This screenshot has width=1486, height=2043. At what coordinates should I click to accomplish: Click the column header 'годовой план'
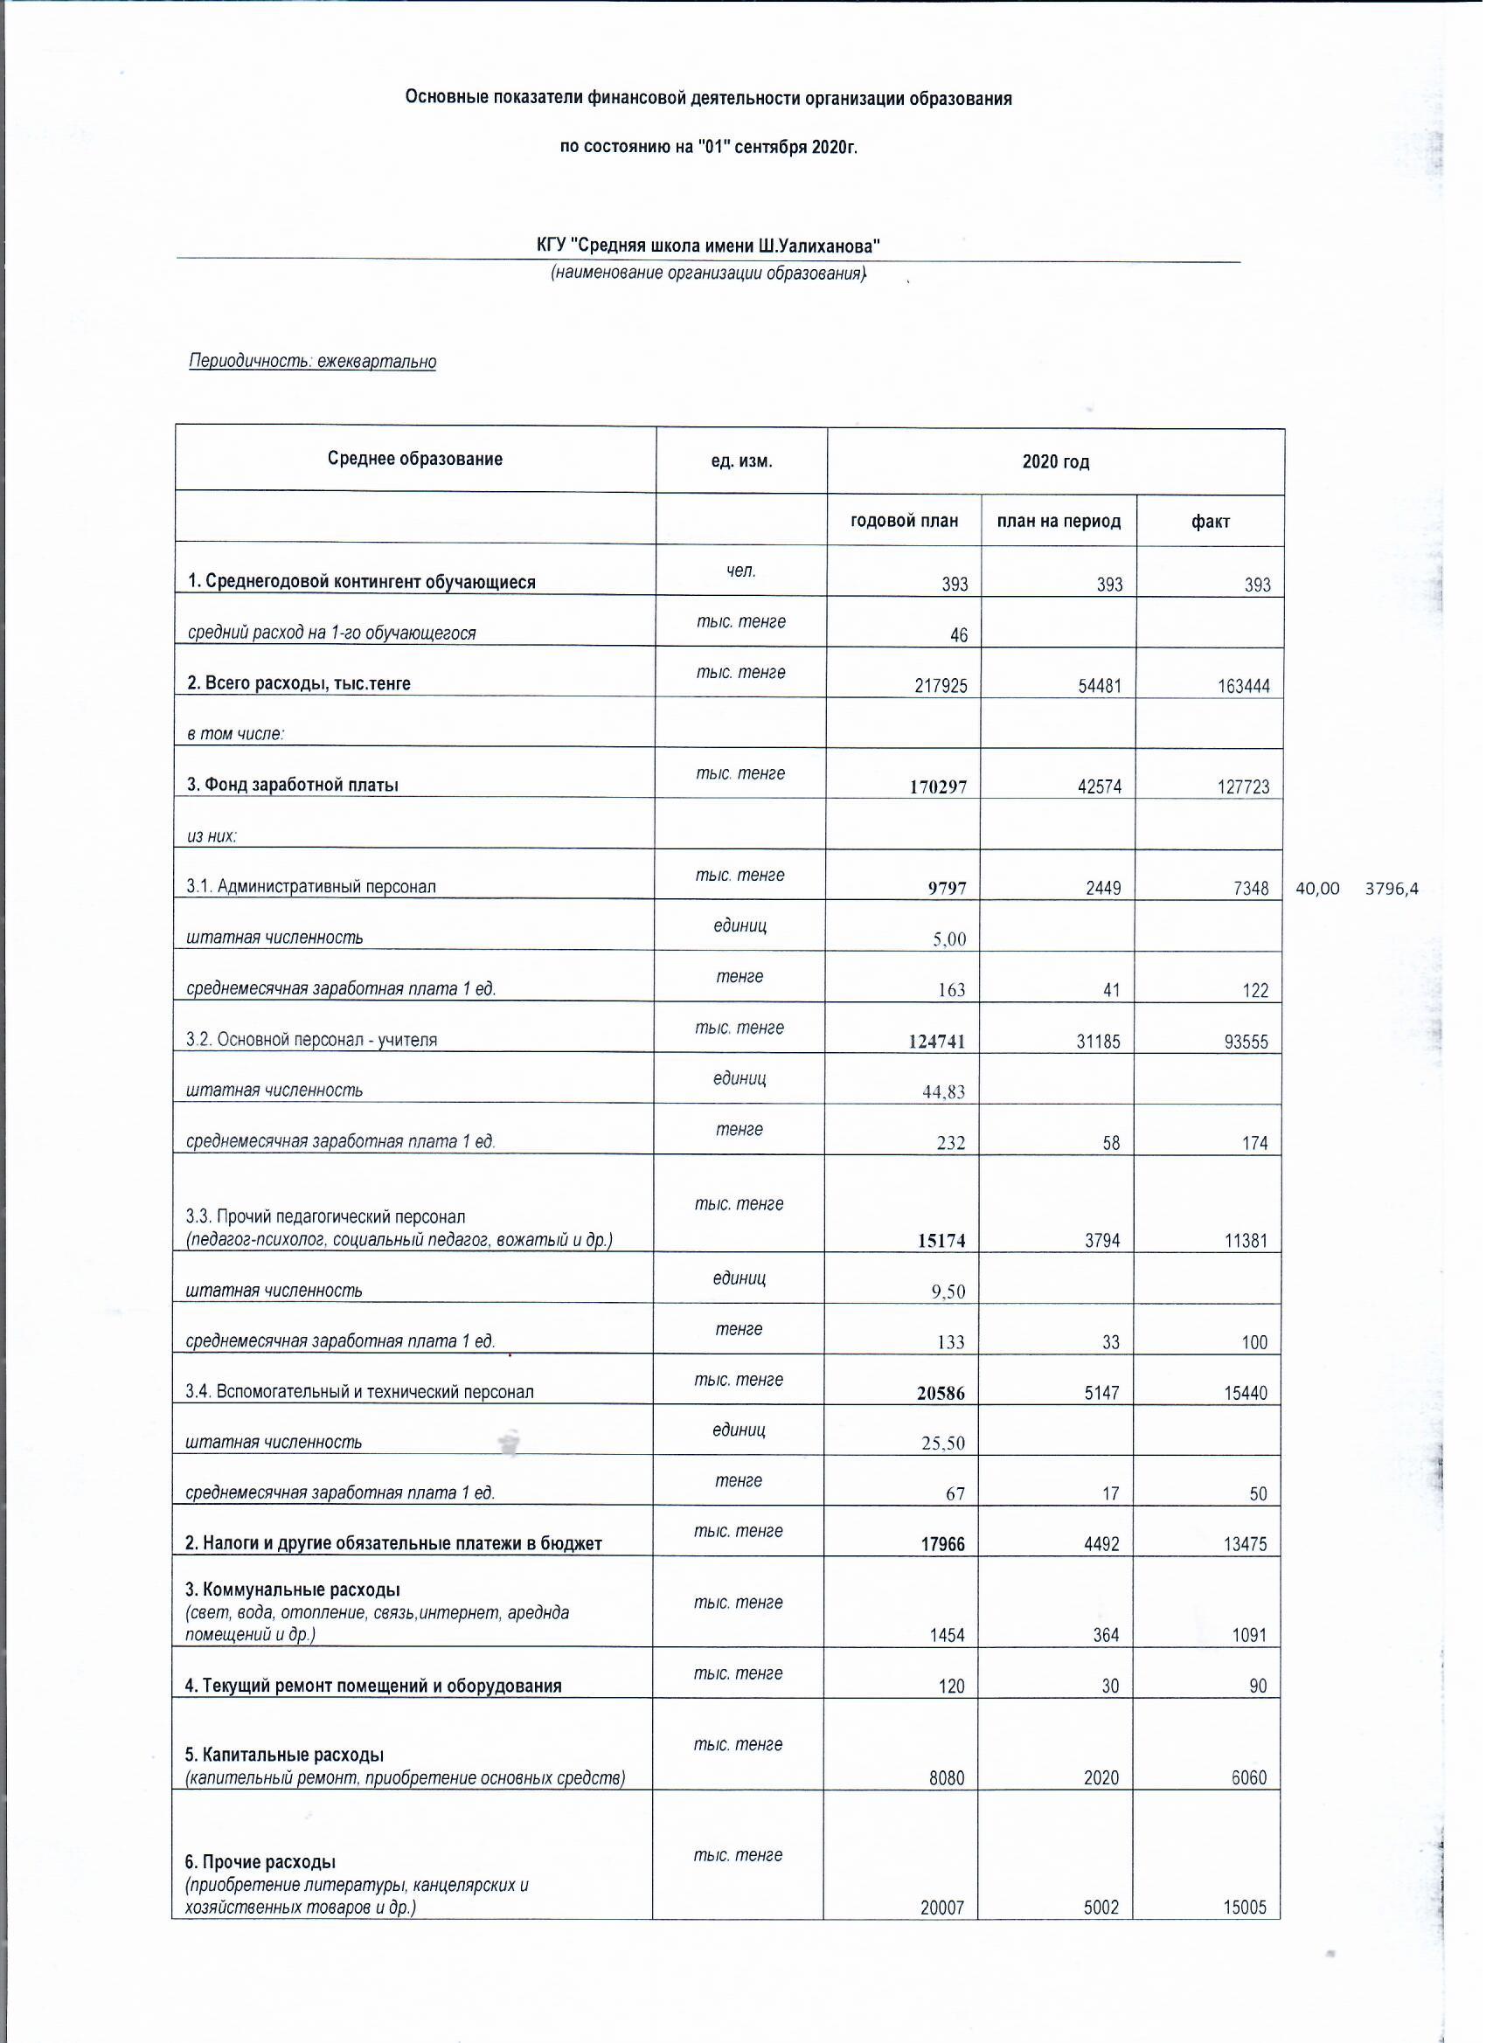point(904,522)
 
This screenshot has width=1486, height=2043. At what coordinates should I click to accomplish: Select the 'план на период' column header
point(1058,522)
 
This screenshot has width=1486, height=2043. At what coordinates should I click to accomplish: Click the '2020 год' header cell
point(1055,462)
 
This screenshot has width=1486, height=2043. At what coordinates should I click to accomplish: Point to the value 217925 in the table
point(941,687)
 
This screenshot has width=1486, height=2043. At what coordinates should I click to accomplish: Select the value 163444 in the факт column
point(1243,687)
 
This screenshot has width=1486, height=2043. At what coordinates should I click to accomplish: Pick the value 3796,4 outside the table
point(1392,889)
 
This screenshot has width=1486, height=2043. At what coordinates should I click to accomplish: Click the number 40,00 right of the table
point(1316,889)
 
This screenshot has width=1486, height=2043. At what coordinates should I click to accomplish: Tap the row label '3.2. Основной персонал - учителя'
point(311,1040)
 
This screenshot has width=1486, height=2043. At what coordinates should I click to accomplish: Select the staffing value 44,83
point(943,1091)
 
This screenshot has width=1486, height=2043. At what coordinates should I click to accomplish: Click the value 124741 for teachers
point(938,1042)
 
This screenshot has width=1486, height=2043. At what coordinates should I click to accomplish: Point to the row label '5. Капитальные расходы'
point(285,1755)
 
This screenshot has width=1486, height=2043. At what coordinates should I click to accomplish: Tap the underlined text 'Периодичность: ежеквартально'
point(312,362)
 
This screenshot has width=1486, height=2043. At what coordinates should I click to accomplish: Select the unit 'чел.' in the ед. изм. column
point(740,571)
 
